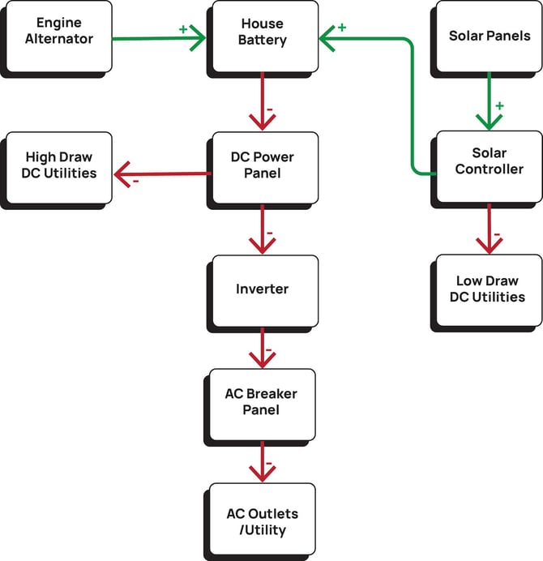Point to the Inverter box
pos(263,289)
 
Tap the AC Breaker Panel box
pos(263,402)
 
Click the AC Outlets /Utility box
pos(263,522)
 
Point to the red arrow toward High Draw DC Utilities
pos(162,173)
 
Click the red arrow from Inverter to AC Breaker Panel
pos(263,349)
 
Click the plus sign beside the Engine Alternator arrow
pos(183,28)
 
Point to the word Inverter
pos(263,289)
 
